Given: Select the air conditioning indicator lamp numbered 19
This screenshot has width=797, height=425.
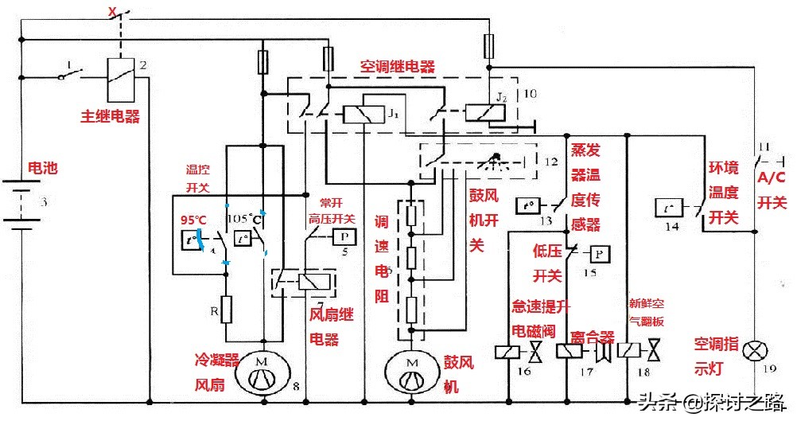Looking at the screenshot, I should pos(752,350).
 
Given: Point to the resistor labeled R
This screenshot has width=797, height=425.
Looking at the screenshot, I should pos(226,308).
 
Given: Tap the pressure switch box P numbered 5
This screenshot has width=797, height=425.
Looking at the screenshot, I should pos(343,236).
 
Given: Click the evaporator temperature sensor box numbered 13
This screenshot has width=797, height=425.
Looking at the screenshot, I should pos(527,205).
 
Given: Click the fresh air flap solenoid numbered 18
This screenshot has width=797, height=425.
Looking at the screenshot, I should pos(632,351).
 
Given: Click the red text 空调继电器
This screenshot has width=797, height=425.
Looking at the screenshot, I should pos(397,68).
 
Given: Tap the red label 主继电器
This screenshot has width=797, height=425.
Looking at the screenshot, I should pos(110,116).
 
